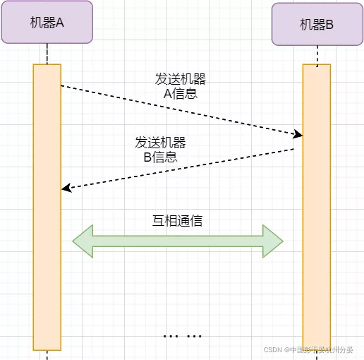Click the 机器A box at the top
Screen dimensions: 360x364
pyautogui.click(x=47, y=22)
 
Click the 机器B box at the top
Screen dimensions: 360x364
pyautogui.click(x=317, y=25)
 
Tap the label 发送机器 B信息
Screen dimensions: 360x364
pyautogui.click(x=160, y=150)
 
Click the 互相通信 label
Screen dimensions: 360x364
pyautogui.click(x=178, y=220)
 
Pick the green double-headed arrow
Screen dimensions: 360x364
pyautogui.click(x=178, y=241)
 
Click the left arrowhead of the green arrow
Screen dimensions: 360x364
pyautogui.click(x=82, y=241)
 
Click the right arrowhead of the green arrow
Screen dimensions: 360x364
pyautogui.click(x=273, y=241)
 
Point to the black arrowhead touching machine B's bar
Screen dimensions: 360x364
pyautogui.click(x=298, y=134)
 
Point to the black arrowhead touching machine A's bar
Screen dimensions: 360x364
pyautogui.click(x=66, y=188)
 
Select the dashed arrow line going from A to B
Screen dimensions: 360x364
pyautogui.click(x=176, y=109)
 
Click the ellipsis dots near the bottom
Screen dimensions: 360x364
pyautogui.click(x=183, y=336)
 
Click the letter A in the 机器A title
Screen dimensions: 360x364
pyautogui.click(x=60, y=22)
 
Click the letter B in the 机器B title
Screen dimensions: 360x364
pyautogui.click(x=331, y=25)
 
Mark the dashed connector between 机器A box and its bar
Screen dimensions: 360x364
pyautogui.click(x=47, y=54)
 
